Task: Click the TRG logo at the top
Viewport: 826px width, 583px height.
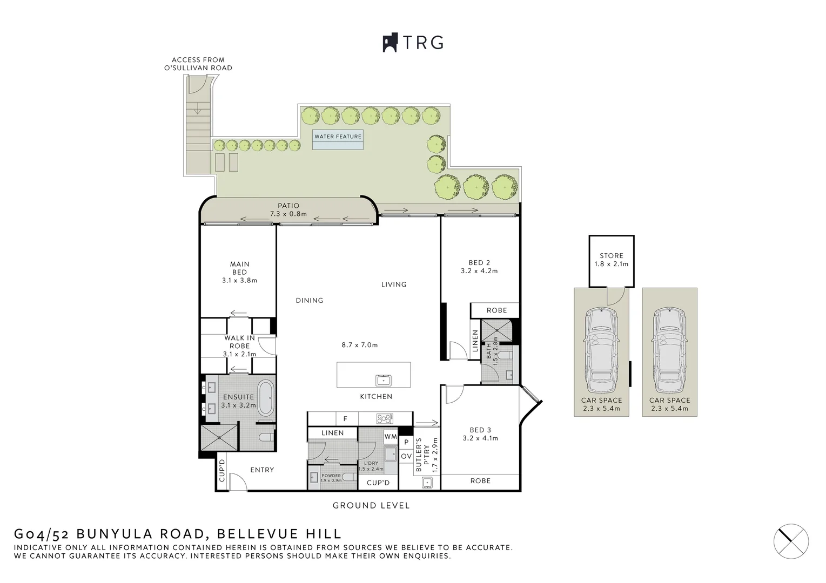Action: coord(413,43)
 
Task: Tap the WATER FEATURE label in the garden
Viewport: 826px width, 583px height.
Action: coord(338,137)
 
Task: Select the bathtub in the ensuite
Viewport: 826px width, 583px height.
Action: coord(266,397)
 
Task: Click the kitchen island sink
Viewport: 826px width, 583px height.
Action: coord(384,380)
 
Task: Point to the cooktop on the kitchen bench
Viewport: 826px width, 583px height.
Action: coord(384,418)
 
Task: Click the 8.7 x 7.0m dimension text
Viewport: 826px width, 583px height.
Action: coord(359,345)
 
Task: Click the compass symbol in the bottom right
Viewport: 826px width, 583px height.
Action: coord(791,540)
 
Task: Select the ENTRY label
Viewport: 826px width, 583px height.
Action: coord(262,470)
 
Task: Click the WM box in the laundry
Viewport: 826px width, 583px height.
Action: coord(391,436)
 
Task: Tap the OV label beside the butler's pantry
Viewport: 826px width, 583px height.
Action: coord(406,457)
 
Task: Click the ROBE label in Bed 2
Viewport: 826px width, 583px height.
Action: coord(496,310)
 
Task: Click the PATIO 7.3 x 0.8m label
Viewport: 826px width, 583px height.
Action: coord(288,209)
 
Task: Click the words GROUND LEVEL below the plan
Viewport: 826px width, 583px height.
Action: coord(371,506)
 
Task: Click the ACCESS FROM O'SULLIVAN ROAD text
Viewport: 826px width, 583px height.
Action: coord(198,64)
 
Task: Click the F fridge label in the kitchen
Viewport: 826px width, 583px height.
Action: coord(346,418)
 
